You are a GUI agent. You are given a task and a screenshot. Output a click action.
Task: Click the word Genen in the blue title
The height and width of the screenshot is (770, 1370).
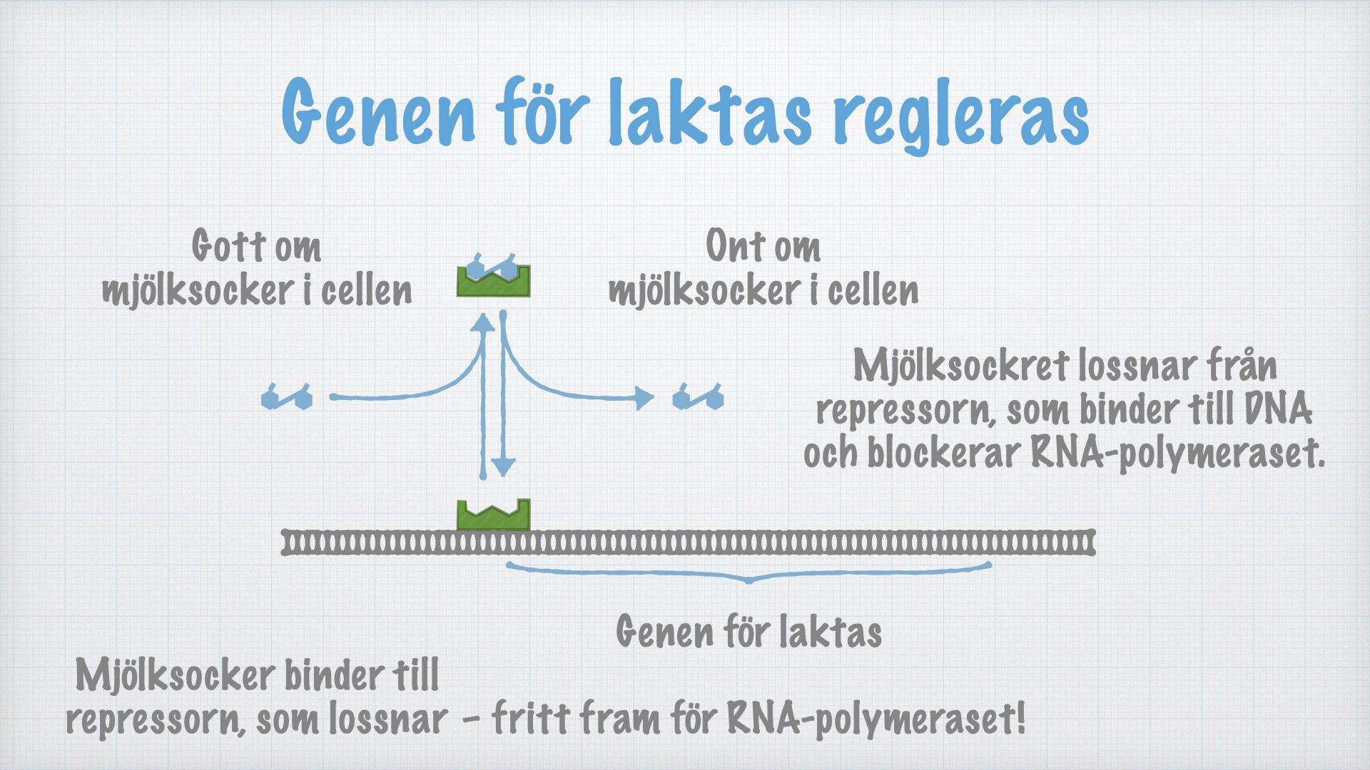pos(379,113)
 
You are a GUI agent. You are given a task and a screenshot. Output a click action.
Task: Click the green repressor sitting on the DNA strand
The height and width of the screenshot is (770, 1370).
pos(493,515)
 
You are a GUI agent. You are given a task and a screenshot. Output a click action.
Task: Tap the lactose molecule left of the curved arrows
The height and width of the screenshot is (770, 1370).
pos(287,396)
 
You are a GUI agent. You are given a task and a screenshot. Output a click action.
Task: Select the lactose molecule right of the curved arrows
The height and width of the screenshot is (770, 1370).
pos(698,396)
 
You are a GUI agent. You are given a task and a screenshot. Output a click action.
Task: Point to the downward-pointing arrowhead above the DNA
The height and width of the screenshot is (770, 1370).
pos(503,466)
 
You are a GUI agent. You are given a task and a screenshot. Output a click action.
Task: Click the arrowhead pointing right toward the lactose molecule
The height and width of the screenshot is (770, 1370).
pos(644,397)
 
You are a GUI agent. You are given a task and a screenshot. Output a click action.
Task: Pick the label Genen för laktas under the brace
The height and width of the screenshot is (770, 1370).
pos(749,632)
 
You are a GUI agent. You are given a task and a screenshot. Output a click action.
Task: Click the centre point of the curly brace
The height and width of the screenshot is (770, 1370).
pos(749,580)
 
